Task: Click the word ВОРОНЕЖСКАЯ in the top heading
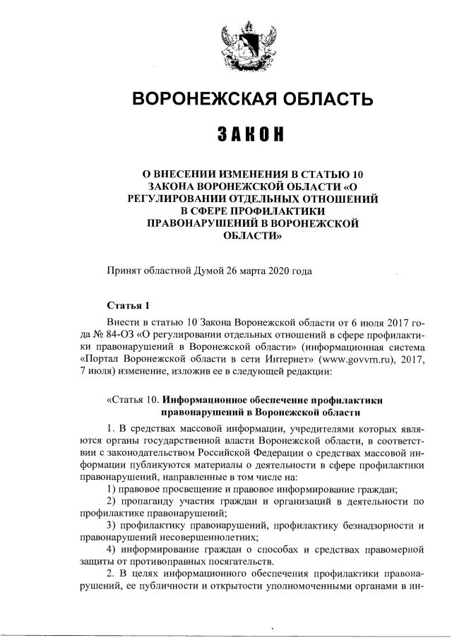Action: (202, 100)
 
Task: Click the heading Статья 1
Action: (128, 306)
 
